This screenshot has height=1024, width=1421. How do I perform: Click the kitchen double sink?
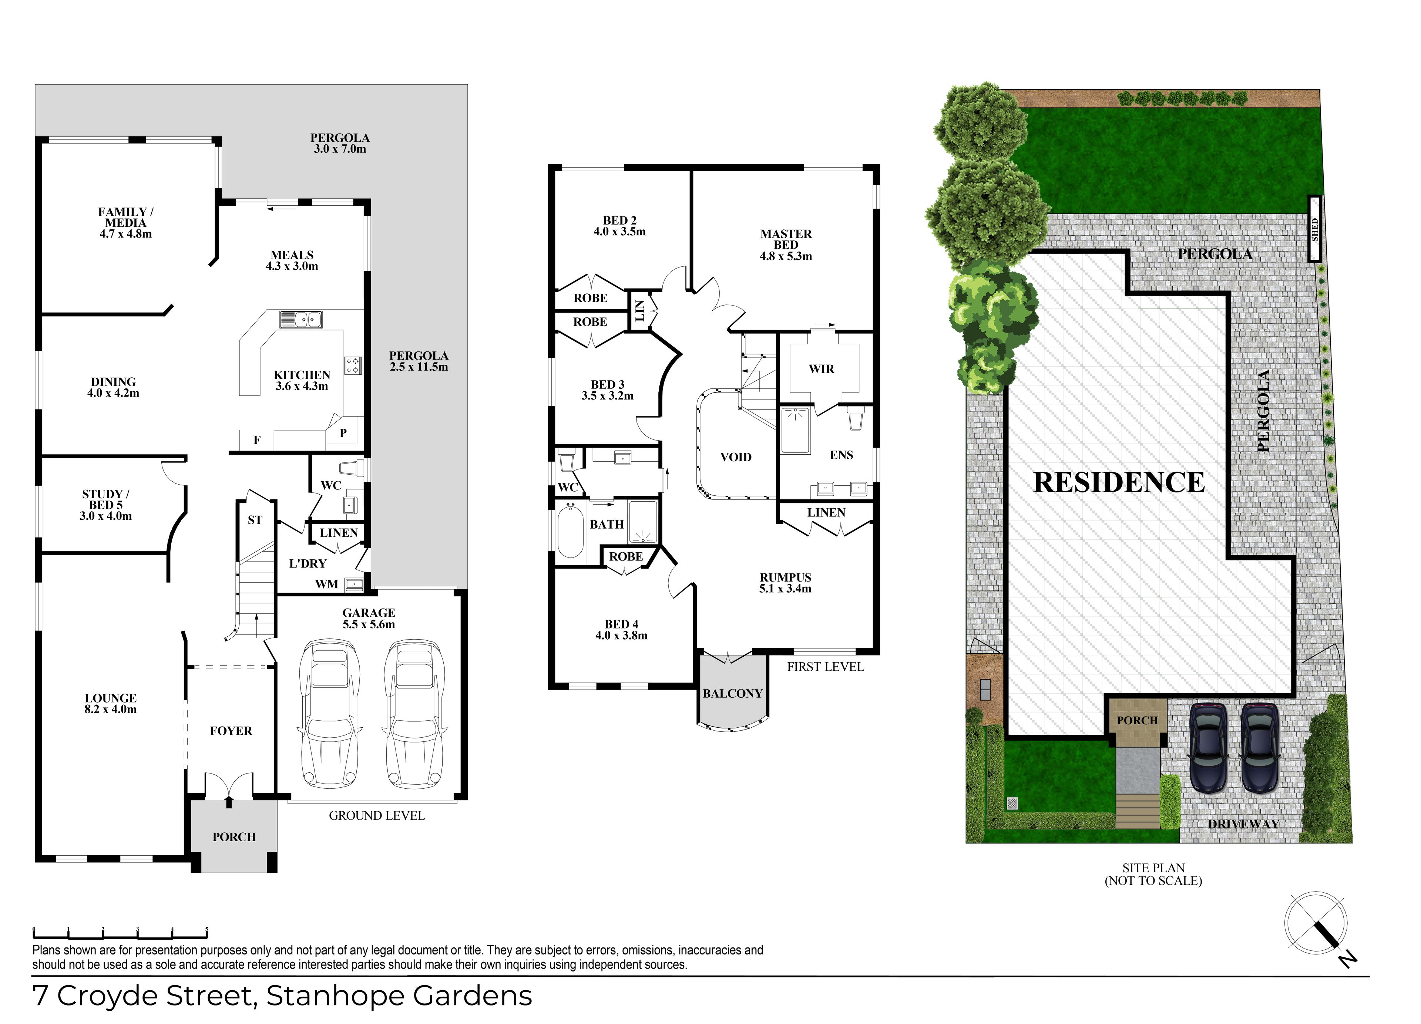tap(301, 320)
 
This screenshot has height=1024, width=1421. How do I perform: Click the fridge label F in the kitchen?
tap(257, 440)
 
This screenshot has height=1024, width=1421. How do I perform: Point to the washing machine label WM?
tap(326, 585)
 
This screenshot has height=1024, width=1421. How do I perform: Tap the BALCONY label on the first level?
tap(732, 693)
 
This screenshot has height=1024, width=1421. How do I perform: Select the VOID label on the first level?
tap(736, 457)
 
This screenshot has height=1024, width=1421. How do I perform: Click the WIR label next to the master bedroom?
tap(822, 369)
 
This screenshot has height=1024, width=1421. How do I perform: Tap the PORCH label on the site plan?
tap(1137, 721)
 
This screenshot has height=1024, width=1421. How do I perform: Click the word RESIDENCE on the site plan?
tap(1119, 482)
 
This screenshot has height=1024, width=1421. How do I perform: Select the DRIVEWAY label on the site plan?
tap(1243, 824)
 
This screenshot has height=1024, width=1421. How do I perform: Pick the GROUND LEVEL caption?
tap(377, 815)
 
